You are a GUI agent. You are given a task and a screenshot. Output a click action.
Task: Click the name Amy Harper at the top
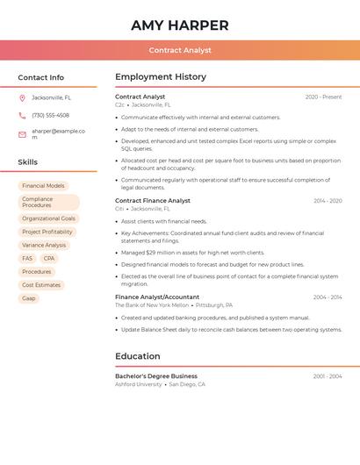179,25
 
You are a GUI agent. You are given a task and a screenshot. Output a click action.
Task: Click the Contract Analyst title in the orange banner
179,50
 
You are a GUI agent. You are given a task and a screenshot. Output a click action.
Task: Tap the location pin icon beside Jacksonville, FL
22,97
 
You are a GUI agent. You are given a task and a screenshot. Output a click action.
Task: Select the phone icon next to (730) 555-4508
22,115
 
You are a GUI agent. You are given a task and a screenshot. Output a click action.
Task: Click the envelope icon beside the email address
22,133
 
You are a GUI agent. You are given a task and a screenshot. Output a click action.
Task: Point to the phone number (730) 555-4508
50,115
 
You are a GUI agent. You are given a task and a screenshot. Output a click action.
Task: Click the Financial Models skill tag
43,186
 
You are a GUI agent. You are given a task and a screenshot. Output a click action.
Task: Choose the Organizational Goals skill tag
48,218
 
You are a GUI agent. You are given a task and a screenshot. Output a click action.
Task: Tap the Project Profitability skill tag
47,232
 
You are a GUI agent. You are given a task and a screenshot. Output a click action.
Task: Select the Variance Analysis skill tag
44,245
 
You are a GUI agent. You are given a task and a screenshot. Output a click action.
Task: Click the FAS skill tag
27,258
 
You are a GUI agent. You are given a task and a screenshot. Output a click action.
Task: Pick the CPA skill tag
49,258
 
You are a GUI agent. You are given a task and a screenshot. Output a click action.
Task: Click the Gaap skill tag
29,298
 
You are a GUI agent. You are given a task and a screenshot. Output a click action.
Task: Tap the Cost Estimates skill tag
41,285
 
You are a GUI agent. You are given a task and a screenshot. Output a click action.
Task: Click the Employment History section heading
161,77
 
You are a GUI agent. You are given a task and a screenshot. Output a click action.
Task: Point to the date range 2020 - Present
323,97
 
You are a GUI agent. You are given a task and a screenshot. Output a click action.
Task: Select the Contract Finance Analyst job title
153,201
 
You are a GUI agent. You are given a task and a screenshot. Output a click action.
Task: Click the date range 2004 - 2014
327,297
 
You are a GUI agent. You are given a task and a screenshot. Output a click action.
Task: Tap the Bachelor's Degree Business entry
156,376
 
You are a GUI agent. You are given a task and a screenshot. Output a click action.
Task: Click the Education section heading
138,356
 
